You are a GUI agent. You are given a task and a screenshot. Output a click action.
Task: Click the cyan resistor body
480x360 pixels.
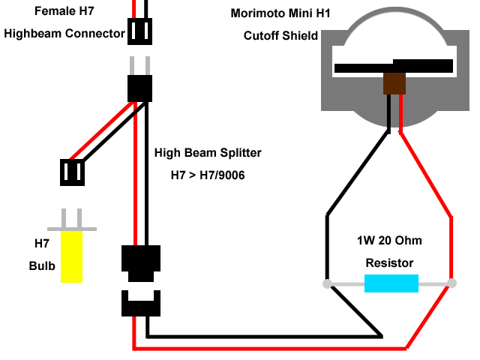tap(391, 283)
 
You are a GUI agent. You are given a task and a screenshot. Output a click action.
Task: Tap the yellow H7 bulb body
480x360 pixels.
tap(72, 256)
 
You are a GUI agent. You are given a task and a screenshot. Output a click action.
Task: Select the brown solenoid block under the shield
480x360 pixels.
tap(394, 83)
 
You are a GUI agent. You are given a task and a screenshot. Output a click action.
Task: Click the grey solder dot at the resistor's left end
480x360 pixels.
tap(327, 283)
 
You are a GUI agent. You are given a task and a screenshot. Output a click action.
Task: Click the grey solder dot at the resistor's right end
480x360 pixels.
tap(451, 283)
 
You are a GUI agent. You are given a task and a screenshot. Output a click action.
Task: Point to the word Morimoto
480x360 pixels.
tap(257, 13)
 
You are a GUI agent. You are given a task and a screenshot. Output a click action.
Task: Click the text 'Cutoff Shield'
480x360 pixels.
tap(280, 36)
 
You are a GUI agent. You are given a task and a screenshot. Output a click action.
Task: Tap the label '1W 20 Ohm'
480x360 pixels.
tap(389, 241)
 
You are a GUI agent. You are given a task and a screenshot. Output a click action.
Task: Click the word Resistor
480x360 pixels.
tap(389, 263)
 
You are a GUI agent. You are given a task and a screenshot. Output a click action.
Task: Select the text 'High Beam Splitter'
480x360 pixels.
tap(208, 153)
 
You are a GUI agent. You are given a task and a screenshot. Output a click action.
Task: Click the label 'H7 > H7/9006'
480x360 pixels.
tap(208, 175)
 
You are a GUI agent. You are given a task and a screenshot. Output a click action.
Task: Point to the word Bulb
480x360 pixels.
tap(42, 265)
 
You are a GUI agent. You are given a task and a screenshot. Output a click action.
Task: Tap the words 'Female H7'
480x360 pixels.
tap(64, 11)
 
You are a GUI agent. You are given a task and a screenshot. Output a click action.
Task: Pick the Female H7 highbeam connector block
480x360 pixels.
tap(140, 31)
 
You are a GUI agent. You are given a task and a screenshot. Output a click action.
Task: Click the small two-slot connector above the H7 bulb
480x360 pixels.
tap(72, 172)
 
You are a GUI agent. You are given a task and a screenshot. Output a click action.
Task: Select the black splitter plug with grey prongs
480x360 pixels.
tap(140, 79)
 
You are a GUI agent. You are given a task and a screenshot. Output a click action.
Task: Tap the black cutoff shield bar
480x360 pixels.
tap(394, 66)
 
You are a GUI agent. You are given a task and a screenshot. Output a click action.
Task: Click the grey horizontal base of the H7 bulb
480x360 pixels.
tap(72, 229)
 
